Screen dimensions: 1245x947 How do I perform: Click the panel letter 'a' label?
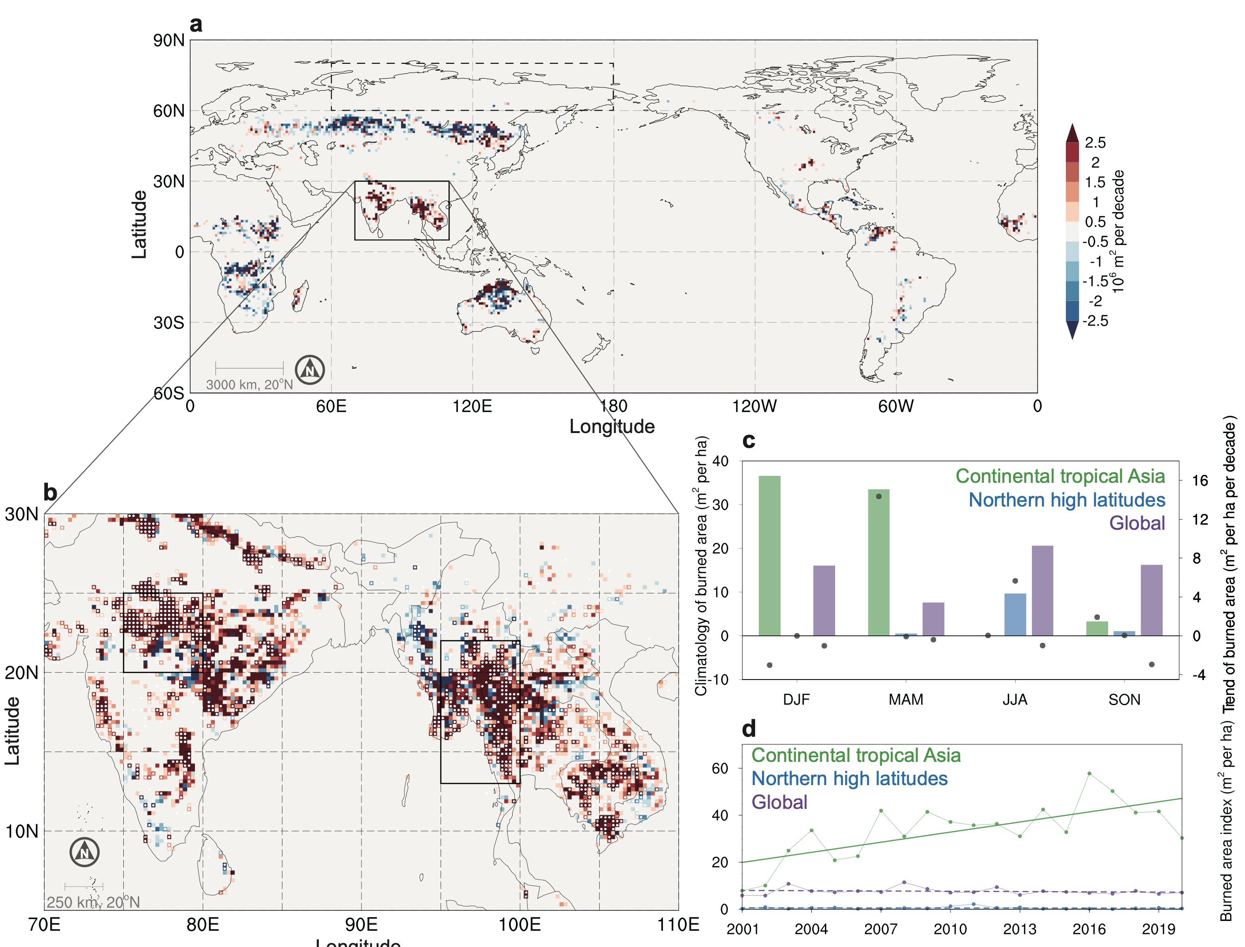pyautogui.click(x=196, y=25)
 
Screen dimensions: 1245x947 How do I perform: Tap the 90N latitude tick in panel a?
pyautogui.click(x=168, y=40)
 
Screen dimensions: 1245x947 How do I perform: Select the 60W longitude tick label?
pyautogui.click(x=896, y=406)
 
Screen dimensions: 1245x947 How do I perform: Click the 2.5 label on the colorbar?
pyautogui.click(x=1095, y=143)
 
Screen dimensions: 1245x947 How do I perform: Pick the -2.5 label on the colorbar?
pyautogui.click(x=1095, y=321)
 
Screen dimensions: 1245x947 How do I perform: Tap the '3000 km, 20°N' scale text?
pyautogui.click(x=249, y=385)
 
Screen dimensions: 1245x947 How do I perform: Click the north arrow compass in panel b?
pyautogui.click(x=85, y=852)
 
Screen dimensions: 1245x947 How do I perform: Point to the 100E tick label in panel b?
pyautogui.click(x=519, y=925)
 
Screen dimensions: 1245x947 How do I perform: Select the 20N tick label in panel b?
pyautogui.click(x=21, y=673)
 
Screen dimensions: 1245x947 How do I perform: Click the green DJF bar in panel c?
pyautogui.click(x=770, y=556)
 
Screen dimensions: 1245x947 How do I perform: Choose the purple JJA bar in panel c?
pyautogui.click(x=1043, y=591)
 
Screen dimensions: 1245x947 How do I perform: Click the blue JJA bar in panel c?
pyautogui.click(x=1015, y=614)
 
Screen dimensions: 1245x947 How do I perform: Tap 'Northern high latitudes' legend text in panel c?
pyautogui.click(x=1067, y=500)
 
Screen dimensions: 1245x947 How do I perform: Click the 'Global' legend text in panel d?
pyautogui.click(x=779, y=802)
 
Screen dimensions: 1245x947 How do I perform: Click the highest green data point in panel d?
pyautogui.click(x=1090, y=774)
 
